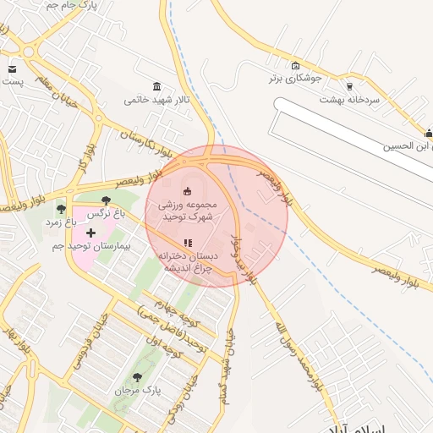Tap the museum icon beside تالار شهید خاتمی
point(157,87)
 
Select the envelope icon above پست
point(12,69)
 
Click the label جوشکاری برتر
point(294,79)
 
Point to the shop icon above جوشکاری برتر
point(294,66)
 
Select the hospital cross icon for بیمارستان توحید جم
point(91,232)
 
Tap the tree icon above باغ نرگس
point(105,201)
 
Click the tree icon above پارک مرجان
point(138,376)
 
